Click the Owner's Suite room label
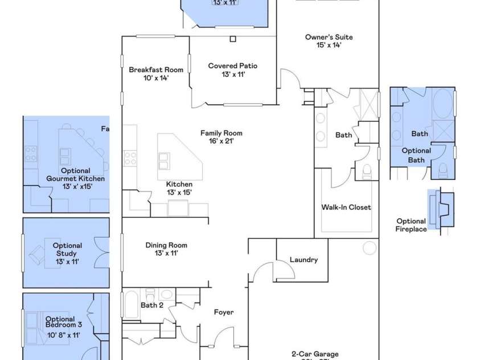[x=329, y=41]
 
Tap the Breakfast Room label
[x=155, y=73]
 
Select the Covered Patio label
[x=232, y=70]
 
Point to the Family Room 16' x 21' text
[x=217, y=137]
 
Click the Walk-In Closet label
[x=346, y=207]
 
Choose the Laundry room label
[x=303, y=260]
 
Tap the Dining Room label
[x=166, y=249]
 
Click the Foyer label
[x=224, y=312]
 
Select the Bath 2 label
[x=152, y=305]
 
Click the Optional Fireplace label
[x=411, y=225]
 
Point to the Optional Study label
[x=67, y=253]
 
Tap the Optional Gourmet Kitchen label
[x=75, y=178]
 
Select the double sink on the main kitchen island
[x=164, y=161]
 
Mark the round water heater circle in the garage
[x=371, y=248]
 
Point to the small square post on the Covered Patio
[x=233, y=39]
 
